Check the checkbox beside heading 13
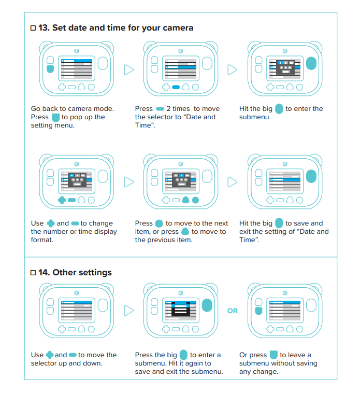click(x=33, y=28)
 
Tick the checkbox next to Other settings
click(x=33, y=272)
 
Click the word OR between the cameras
click(x=233, y=311)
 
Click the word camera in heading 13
click(x=178, y=28)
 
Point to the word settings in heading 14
click(x=95, y=273)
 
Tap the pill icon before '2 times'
click(x=160, y=109)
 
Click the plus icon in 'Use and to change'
click(x=51, y=223)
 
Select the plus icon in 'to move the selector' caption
click(x=50, y=355)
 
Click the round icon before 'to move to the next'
click(x=159, y=223)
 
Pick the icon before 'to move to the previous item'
click(x=185, y=231)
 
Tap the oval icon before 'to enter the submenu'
click(x=279, y=109)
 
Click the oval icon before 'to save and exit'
click(x=279, y=223)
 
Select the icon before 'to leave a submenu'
click(x=273, y=355)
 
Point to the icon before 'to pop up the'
click(x=55, y=117)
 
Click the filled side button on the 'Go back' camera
click(x=50, y=69)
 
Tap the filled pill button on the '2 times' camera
click(x=176, y=87)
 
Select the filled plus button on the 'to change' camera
click(x=62, y=200)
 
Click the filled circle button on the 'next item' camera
click(x=195, y=200)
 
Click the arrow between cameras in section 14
click(x=129, y=311)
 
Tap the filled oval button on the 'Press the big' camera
click(x=207, y=305)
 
